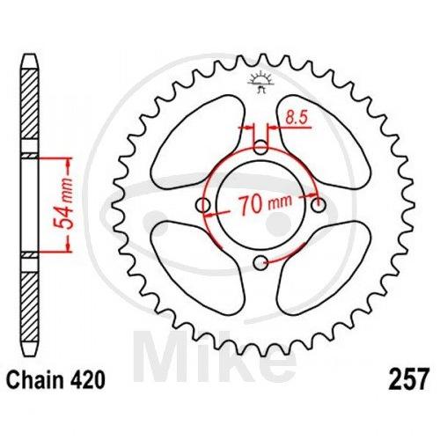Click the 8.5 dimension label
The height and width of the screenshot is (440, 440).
[297, 118]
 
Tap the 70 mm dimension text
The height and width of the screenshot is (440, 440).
[265, 204]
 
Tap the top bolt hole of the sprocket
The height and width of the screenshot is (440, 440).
[260, 147]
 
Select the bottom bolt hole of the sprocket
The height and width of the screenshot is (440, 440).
[260, 263]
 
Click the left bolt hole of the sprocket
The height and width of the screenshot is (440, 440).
[202, 205]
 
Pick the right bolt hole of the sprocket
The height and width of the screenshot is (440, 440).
[319, 205]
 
